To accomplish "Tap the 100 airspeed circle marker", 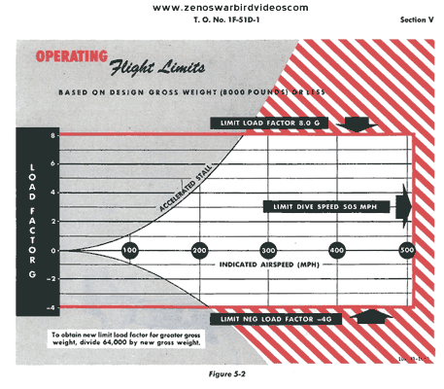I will point(129,250).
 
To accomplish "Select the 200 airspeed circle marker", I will point(199,250).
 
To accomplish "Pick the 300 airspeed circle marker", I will point(268,250).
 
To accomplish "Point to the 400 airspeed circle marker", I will point(337,250).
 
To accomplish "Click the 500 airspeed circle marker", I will point(407,250).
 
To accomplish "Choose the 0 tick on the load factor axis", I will point(54,250).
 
